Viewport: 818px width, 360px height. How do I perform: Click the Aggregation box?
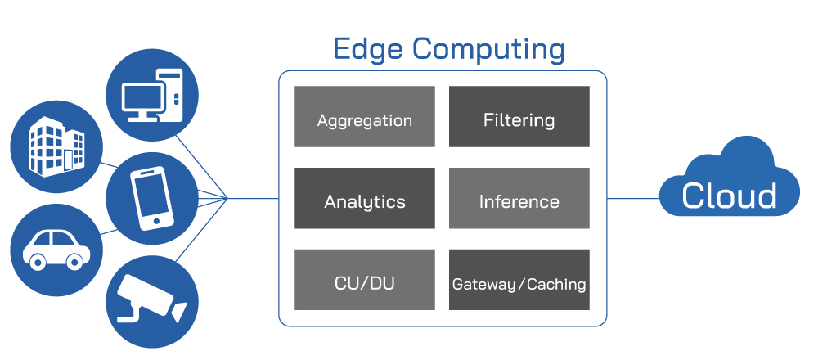point(365,116)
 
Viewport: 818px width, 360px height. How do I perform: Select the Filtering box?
point(519,116)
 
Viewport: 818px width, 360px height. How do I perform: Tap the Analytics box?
point(365,198)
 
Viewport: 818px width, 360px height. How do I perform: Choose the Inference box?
point(519,198)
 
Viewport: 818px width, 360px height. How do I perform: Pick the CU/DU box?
point(365,280)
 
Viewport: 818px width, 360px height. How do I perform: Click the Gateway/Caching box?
point(519,280)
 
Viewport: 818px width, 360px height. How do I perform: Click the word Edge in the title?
point(368,50)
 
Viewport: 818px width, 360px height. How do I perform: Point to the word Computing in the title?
point(489,51)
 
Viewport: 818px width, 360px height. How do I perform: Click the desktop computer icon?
point(152,95)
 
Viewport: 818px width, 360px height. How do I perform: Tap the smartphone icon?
point(152,198)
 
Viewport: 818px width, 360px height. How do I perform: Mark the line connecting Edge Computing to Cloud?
point(634,198)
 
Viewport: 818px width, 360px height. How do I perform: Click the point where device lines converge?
point(228,198)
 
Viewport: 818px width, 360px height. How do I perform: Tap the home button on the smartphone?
point(156,221)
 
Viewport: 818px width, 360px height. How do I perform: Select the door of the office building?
point(68,158)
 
